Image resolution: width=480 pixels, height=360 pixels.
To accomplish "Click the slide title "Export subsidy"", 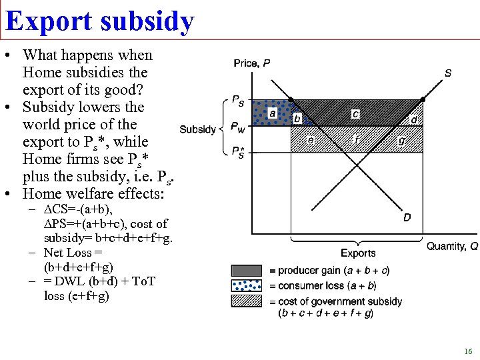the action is [99, 21].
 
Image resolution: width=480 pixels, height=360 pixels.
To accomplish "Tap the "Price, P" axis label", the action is [252, 63].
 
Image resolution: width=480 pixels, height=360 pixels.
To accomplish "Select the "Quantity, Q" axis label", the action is [452, 246].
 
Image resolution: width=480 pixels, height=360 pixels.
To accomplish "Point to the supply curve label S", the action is [447, 73].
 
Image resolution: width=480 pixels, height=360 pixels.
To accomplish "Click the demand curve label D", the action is [407, 217].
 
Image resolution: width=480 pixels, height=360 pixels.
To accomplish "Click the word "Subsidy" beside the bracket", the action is [197, 129].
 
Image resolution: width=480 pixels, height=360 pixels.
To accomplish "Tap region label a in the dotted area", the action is [272, 113].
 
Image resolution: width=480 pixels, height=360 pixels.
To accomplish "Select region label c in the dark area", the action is [355, 114].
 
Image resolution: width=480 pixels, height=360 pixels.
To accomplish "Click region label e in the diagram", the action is [311, 140].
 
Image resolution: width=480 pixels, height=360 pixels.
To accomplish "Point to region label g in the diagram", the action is [401, 141].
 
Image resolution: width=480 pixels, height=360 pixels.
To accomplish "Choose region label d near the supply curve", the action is [414, 119].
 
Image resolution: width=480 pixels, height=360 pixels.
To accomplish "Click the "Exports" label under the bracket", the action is [358, 253].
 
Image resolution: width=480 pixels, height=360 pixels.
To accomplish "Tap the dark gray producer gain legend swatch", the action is [247, 271].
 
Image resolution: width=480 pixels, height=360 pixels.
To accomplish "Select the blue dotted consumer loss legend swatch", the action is [247, 285].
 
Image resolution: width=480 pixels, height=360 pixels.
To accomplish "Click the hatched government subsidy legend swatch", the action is [247, 301].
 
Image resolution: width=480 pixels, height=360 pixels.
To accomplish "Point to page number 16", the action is [468, 351].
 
